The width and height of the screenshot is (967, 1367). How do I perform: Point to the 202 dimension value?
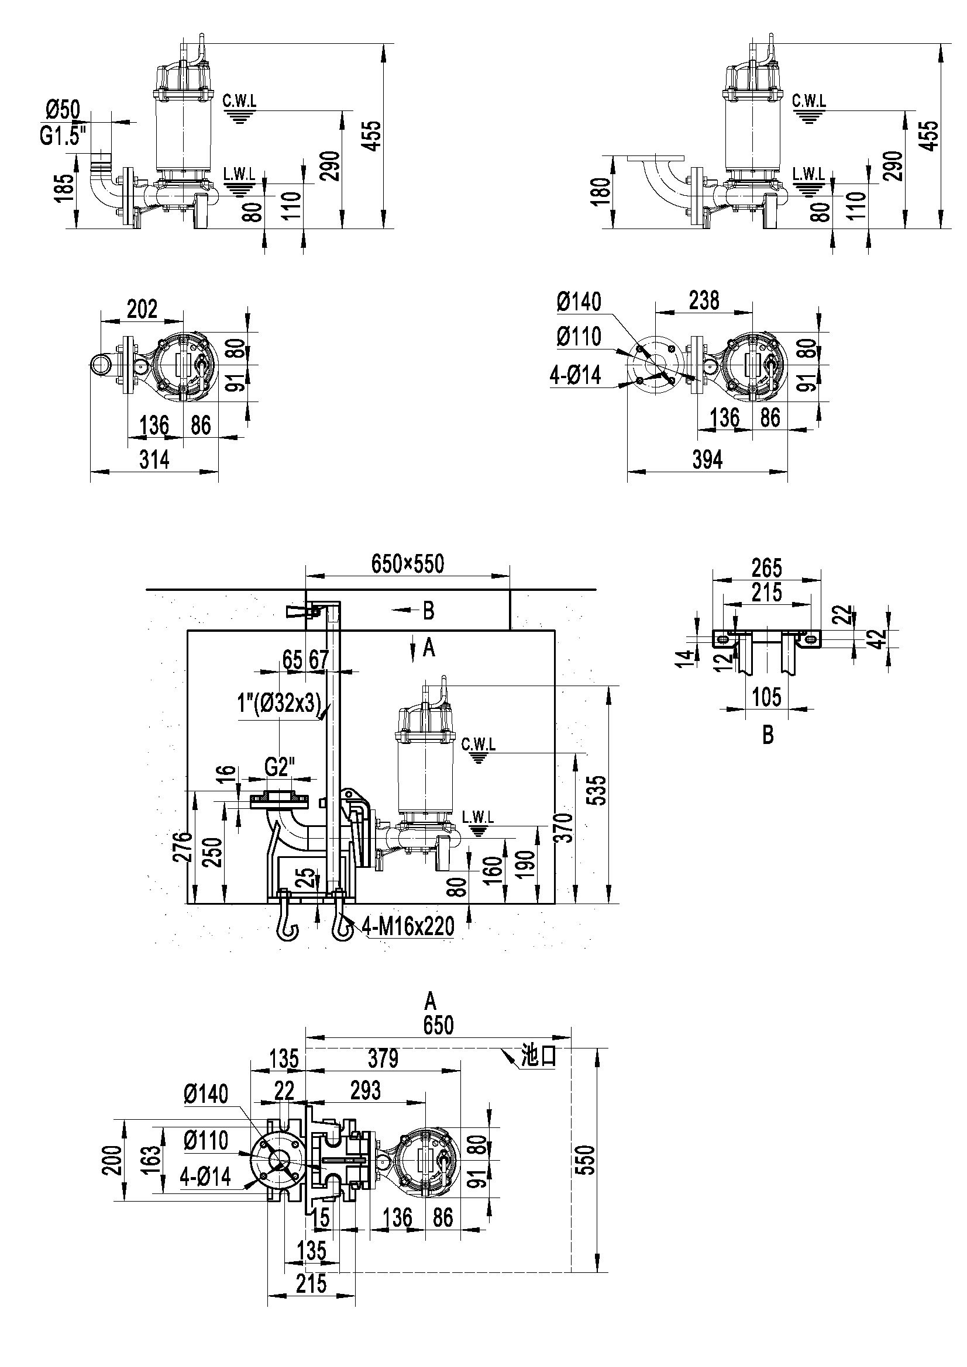pyautogui.click(x=142, y=309)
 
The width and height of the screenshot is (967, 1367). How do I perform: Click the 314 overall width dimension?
pyautogui.click(x=154, y=459)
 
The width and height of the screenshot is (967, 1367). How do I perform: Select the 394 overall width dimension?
pyautogui.click(x=707, y=459)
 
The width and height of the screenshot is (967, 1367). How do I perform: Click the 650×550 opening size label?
pyautogui.click(x=408, y=563)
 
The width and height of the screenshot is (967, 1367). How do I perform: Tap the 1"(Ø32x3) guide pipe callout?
pyautogui.click(x=276, y=704)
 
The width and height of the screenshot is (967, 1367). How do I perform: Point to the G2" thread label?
pyautogui.click(x=280, y=767)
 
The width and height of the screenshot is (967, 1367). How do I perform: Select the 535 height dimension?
pyautogui.click(x=599, y=790)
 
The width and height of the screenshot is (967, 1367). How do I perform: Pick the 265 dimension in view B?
pyautogui.click(x=766, y=568)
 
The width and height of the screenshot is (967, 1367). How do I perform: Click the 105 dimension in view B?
pyautogui.click(x=766, y=697)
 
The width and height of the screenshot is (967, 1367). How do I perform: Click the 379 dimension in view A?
pyautogui.click(x=383, y=1058)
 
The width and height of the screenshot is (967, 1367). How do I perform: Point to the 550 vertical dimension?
pyautogui.click(x=587, y=1159)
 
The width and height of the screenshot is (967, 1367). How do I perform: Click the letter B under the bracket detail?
pyautogui.click(x=768, y=736)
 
